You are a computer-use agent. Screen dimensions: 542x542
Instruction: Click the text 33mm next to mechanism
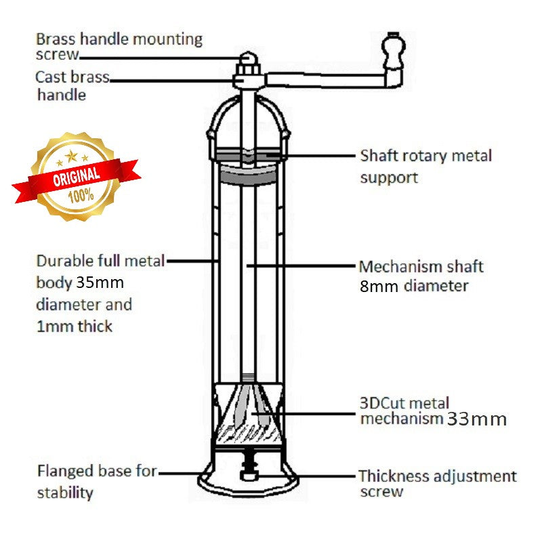[x=476, y=419]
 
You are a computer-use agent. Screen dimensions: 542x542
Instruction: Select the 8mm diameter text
[x=414, y=286]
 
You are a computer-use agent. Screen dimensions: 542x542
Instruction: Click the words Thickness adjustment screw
[x=437, y=484]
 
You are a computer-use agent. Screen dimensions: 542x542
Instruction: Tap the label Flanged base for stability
[x=97, y=481]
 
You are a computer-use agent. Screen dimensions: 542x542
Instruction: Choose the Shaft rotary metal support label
[x=425, y=166]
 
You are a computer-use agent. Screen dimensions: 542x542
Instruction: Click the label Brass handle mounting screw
[x=119, y=45]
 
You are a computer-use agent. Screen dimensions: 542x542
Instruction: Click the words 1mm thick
[x=75, y=327]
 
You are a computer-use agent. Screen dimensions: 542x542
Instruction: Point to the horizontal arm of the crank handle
[x=325, y=80]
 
